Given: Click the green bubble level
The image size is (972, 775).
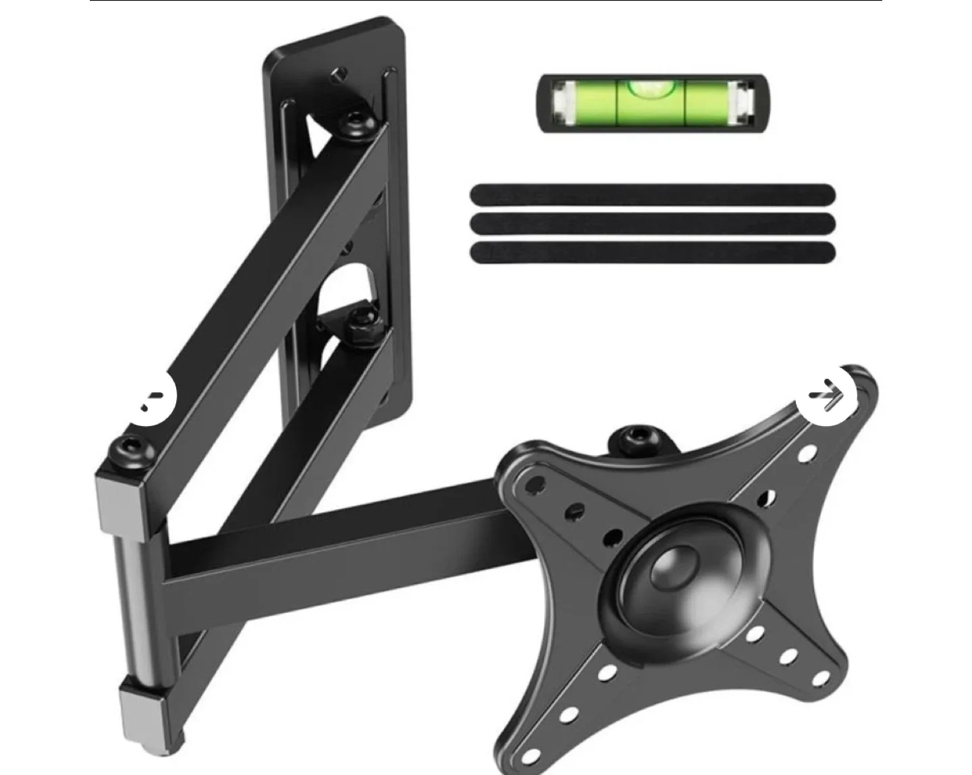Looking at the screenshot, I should (653, 103).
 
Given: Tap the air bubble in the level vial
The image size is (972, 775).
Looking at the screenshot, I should (652, 86).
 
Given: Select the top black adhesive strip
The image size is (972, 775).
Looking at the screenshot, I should (653, 194).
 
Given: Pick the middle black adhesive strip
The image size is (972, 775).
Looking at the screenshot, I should (653, 223).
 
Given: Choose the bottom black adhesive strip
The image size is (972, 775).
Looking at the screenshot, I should (653, 252).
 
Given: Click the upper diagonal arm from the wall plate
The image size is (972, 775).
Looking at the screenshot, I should (256, 290).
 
